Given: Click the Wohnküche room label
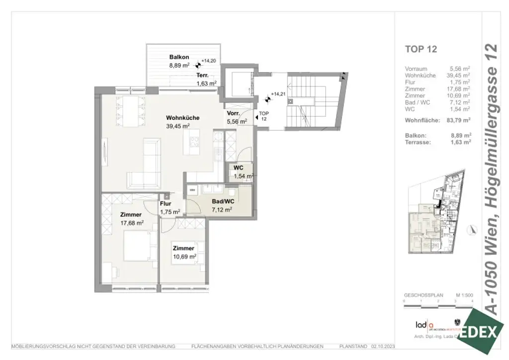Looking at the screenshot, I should pos(182,118).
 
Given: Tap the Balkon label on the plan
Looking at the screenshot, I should pos(178,57).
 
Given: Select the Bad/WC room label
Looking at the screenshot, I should pos(223,201).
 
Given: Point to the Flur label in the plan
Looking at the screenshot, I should pos(166,203).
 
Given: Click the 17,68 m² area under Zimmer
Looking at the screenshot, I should pos(132,223).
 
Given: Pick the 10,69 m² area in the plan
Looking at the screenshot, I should pos(184,257).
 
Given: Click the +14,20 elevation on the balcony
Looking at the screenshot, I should pos(209,61).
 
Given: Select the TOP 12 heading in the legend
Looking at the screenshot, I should pos(421,49).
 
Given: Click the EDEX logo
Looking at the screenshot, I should pos(480,332).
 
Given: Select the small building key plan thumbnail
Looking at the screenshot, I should pos(436,218).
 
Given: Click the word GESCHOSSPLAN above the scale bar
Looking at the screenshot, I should pos(421,295).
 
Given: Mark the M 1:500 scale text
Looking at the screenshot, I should pos(463,295).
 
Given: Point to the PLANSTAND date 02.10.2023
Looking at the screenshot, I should pos(382,346).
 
